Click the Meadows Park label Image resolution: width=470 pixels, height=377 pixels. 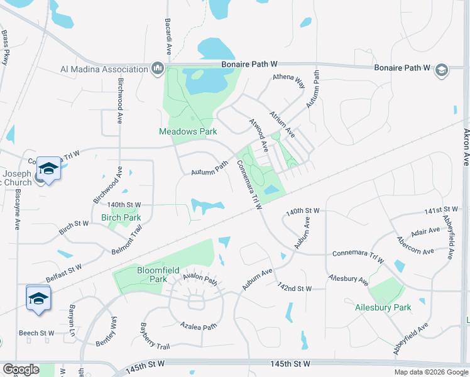coord(187,131)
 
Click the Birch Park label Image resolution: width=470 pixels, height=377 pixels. coord(121,217)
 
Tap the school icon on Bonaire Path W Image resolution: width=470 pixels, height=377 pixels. coord(442,70)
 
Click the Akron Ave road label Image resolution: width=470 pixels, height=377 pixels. coord(466,148)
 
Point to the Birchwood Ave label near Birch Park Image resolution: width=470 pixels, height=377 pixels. coord(107,185)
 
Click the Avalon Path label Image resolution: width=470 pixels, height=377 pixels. coord(200,278)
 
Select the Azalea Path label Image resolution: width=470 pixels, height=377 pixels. coord(199,325)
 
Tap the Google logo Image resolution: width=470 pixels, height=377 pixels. coord(20,369)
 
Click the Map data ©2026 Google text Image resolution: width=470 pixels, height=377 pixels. coord(430,372)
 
